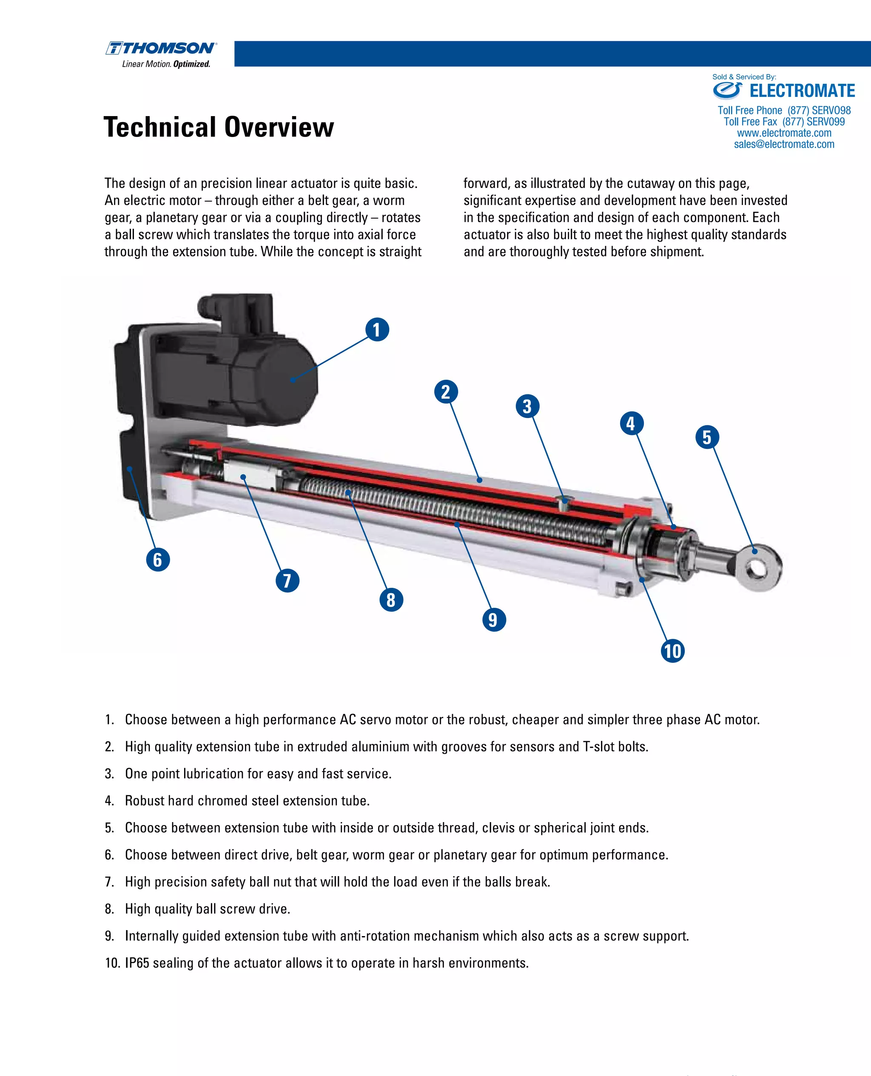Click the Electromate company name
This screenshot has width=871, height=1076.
(802, 91)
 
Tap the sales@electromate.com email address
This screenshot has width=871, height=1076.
(784, 145)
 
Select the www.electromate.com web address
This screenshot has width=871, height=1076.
(784, 133)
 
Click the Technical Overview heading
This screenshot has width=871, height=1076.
(218, 127)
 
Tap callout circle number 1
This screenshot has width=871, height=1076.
(377, 330)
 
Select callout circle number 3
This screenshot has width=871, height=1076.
(527, 406)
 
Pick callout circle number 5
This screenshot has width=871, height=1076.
(707, 437)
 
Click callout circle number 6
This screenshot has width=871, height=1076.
(157, 559)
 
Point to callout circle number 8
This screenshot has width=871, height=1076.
(391, 599)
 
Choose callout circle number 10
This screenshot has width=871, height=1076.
(672, 651)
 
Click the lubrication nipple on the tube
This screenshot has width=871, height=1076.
(564, 501)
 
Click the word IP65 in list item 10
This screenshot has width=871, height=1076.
(137, 962)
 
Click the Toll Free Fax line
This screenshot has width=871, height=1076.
(784, 121)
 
